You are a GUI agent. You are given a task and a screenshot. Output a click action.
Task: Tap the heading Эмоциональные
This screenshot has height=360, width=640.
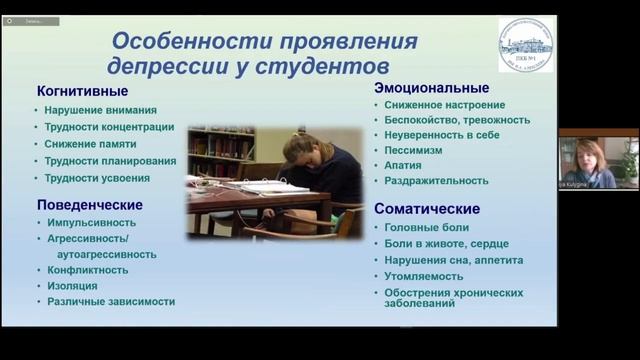[431, 88]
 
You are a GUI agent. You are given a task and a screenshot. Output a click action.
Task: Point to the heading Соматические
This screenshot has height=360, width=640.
[427, 209]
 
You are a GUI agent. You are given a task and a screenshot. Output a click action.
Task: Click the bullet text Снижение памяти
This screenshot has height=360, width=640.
[90, 144]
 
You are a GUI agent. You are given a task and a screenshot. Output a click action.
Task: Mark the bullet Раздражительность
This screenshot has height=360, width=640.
[436, 181]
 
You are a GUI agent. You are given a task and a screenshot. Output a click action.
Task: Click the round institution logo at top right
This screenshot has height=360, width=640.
[525, 44]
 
